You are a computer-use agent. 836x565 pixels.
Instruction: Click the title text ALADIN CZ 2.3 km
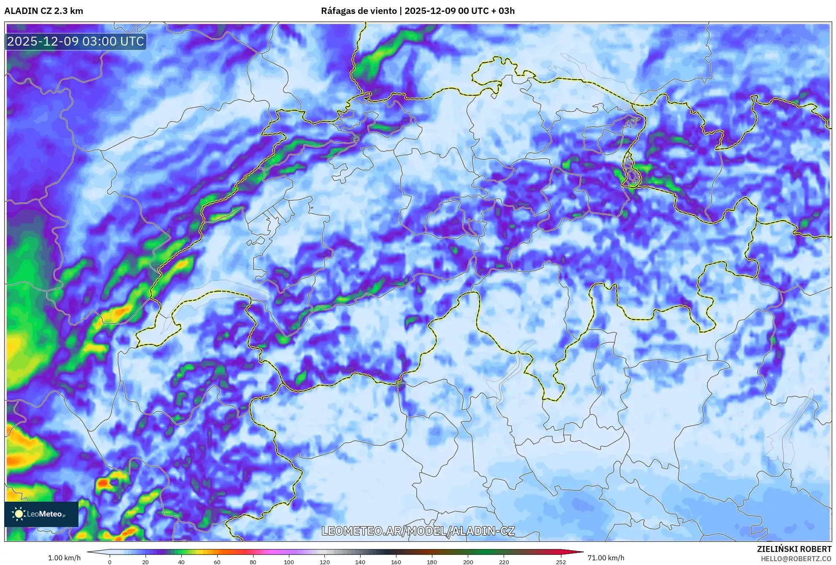[x=43, y=11]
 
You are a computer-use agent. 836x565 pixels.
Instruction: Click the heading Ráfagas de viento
[x=359, y=11]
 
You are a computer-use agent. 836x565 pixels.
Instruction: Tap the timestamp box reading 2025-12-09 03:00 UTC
[x=76, y=41]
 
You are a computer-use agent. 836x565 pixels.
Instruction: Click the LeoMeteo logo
[x=41, y=514]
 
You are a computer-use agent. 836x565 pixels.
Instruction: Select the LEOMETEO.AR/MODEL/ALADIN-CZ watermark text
[x=418, y=531]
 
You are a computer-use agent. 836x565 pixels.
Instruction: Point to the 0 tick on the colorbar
[x=110, y=562]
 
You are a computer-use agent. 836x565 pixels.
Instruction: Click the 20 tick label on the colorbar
[x=146, y=562]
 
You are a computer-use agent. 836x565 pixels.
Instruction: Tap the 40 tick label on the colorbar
[x=181, y=562]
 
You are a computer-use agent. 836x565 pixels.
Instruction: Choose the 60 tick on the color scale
[x=217, y=562]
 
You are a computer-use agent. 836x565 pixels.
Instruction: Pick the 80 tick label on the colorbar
[x=253, y=562]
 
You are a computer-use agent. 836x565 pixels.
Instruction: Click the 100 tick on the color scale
[x=289, y=562]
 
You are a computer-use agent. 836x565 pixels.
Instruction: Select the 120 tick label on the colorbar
[x=325, y=562]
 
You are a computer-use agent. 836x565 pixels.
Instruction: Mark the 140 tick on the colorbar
[x=360, y=562]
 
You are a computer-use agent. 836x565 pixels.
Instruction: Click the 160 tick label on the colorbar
[x=396, y=562]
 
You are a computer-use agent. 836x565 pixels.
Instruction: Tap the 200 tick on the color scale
[x=468, y=562]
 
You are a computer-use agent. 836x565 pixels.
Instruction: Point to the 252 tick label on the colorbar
[x=561, y=562]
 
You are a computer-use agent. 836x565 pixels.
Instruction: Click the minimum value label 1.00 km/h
[x=64, y=558]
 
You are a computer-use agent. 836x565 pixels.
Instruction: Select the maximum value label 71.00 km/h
[x=606, y=558]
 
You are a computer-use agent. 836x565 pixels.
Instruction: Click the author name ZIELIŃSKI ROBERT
[x=794, y=549]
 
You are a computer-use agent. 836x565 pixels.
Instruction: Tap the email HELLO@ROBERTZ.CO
[x=796, y=559]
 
